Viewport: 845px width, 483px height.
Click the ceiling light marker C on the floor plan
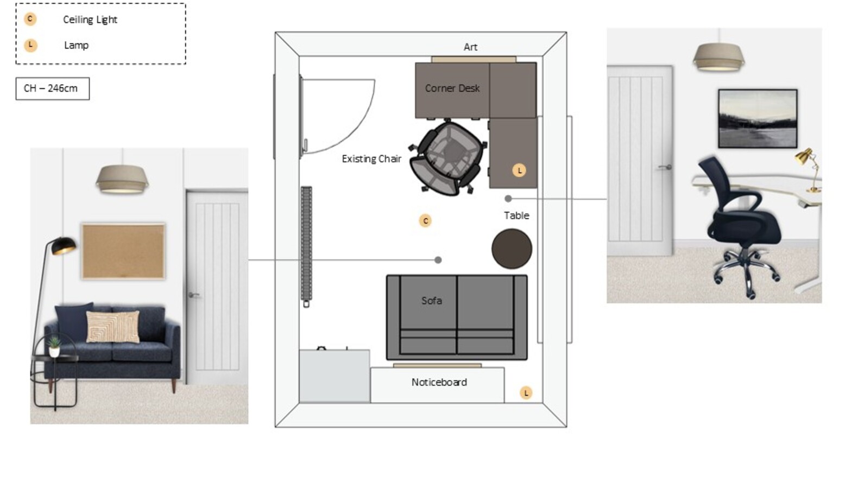click(x=426, y=221)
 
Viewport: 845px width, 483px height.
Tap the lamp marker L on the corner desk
click(x=520, y=170)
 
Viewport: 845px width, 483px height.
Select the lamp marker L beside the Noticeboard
click(x=526, y=393)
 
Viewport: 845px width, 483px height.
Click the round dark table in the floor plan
click(x=512, y=249)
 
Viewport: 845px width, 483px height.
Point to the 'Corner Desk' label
click(x=452, y=88)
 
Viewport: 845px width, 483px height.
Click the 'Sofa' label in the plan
click(x=432, y=301)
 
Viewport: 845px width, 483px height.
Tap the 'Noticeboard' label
click(x=439, y=382)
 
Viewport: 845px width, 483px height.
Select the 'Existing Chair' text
click(x=371, y=158)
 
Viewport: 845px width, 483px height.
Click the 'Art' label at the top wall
click(x=470, y=47)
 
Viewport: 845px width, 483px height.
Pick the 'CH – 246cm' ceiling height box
click(x=53, y=88)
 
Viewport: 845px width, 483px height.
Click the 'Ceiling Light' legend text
click(x=90, y=20)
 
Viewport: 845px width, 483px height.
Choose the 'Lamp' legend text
click(x=76, y=45)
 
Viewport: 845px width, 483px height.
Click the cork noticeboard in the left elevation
click(x=123, y=251)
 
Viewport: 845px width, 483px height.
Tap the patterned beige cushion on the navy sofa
click(x=113, y=327)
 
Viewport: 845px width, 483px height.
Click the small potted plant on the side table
click(x=54, y=346)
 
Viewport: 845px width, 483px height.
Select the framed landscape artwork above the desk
click(x=758, y=118)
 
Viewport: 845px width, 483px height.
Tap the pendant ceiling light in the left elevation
click(x=122, y=180)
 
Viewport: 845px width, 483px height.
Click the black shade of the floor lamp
click(x=64, y=245)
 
